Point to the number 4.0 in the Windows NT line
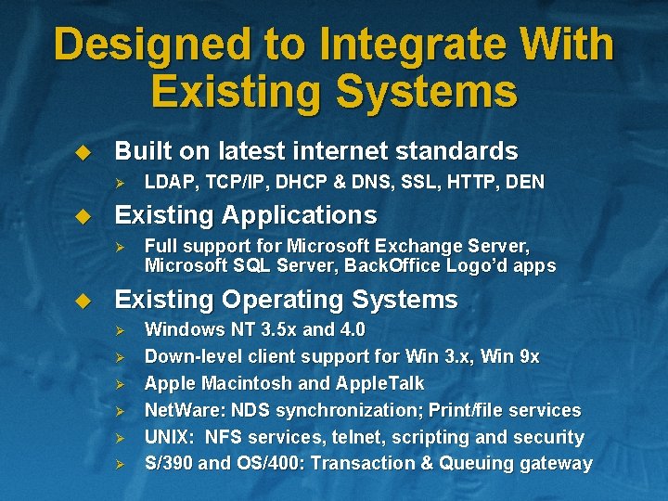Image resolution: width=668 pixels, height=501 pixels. click(353, 329)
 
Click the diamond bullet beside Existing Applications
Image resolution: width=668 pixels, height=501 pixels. click(82, 217)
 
